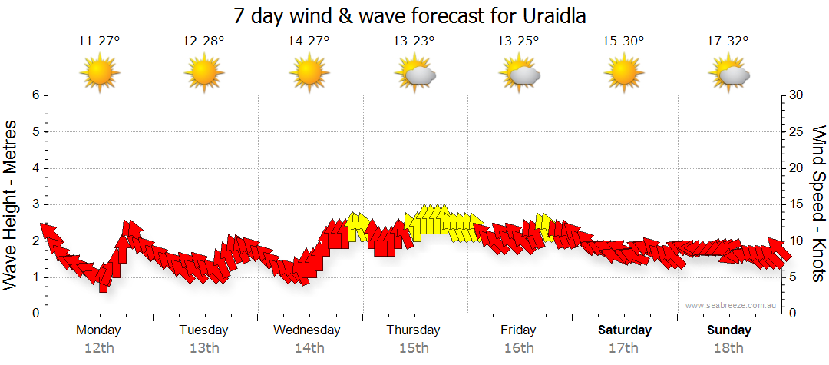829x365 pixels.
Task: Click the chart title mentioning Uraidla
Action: click(414, 15)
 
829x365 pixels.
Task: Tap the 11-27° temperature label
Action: click(99, 41)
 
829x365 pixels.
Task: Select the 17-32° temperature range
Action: click(728, 41)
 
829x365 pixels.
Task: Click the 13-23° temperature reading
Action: click(414, 41)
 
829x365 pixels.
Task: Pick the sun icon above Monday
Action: click(99, 73)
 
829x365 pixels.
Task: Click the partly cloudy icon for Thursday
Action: click(414, 74)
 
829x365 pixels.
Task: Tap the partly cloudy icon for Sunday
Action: click(728, 74)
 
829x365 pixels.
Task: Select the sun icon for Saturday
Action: click(623, 73)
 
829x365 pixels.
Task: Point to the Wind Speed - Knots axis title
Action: click(817, 204)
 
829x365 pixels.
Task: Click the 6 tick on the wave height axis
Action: click(35, 95)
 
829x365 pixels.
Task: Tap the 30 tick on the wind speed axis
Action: click(797, 95)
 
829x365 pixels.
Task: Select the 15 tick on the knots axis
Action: click(796, 204)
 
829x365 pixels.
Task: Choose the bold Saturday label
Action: click(624, 330)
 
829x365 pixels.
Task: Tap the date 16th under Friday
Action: click(519, 348)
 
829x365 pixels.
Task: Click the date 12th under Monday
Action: click(99, 348)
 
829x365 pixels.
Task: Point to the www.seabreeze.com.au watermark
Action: click(732, 305)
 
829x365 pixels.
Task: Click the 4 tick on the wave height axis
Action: click(35, 168)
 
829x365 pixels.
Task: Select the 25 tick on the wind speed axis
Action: click(797, 131)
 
